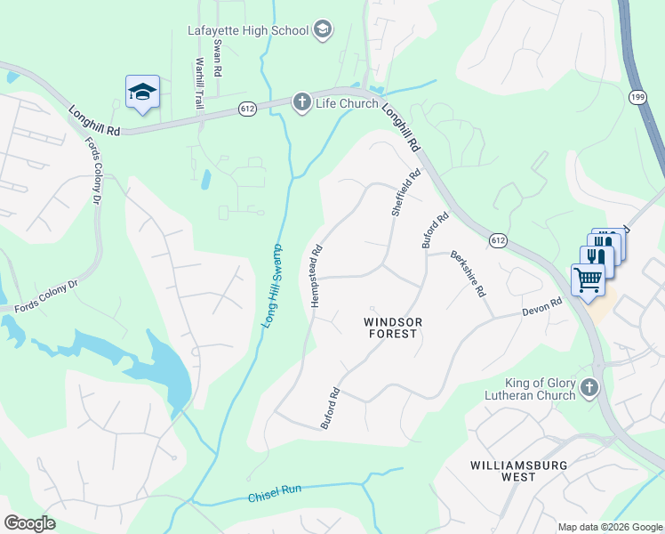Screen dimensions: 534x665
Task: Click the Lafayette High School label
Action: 247,30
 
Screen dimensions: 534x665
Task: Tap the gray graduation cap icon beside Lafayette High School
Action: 323,30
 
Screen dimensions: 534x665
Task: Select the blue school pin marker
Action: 142,93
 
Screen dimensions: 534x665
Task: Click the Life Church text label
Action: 348,103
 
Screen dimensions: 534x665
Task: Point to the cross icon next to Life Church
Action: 302,102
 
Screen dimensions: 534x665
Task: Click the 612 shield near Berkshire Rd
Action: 498,240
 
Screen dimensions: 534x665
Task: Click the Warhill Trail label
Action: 200,83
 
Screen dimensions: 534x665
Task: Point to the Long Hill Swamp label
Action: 272,285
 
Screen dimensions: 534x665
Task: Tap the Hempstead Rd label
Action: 316,277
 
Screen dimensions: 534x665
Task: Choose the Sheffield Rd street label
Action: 405,193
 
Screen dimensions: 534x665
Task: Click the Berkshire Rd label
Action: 468,273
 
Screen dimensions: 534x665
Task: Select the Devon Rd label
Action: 542,307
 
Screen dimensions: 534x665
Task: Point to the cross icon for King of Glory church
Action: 589,387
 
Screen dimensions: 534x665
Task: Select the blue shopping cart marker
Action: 588,279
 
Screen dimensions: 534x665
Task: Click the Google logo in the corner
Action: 29,523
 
